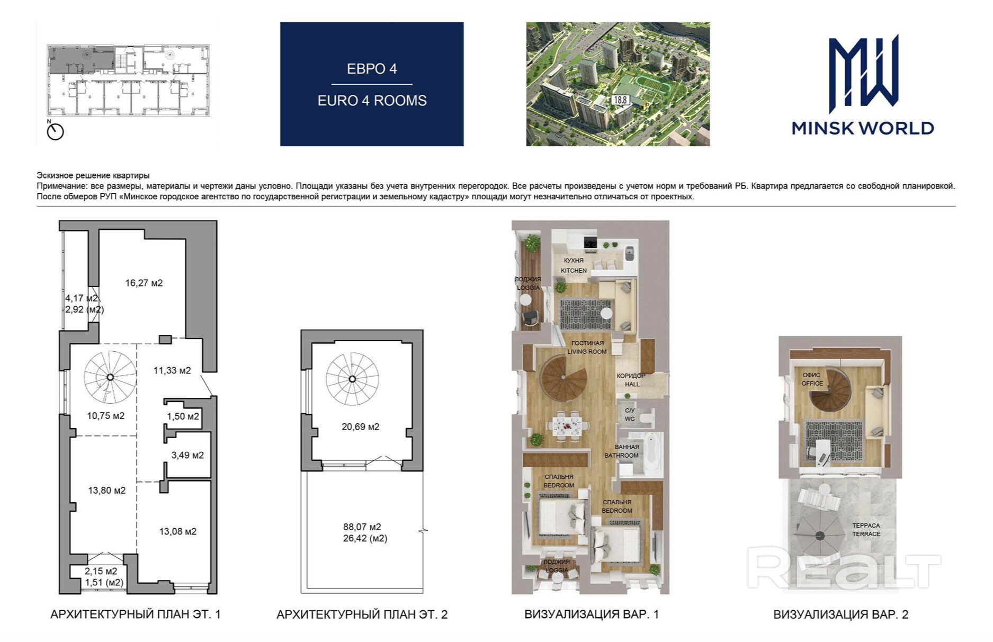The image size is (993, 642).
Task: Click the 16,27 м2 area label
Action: click(x=144, y=283)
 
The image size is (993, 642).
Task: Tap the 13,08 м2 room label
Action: click(x=177, y=531)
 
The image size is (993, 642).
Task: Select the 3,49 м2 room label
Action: click(x=187, y=455)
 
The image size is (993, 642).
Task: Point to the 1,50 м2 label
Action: click(x=183, y=416)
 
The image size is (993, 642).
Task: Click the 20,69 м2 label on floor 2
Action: click(x=360, y=427)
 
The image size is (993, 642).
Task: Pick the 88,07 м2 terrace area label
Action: click(x=362, y=527)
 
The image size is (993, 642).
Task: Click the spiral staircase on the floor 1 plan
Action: click(x=110, y=377)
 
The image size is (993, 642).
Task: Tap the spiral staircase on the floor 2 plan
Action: click(x=352, y=379)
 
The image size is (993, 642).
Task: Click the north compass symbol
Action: click(x=55, y=131)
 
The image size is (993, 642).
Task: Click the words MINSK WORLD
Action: click(x=863, y=128)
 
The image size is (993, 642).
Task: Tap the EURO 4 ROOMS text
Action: click(x=372, y=101)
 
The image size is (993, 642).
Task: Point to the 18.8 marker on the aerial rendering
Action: click(x=620, y=100)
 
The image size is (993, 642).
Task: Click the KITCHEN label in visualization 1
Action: click(x=574, y=270)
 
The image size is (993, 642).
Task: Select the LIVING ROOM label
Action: click(x=587, y=351)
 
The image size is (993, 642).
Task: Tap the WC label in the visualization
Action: click(x=629, y=419)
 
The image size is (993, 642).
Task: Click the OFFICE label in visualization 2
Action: click(x=812, y=384)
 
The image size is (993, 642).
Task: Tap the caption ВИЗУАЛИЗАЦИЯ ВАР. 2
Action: click(x=840, y=614)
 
